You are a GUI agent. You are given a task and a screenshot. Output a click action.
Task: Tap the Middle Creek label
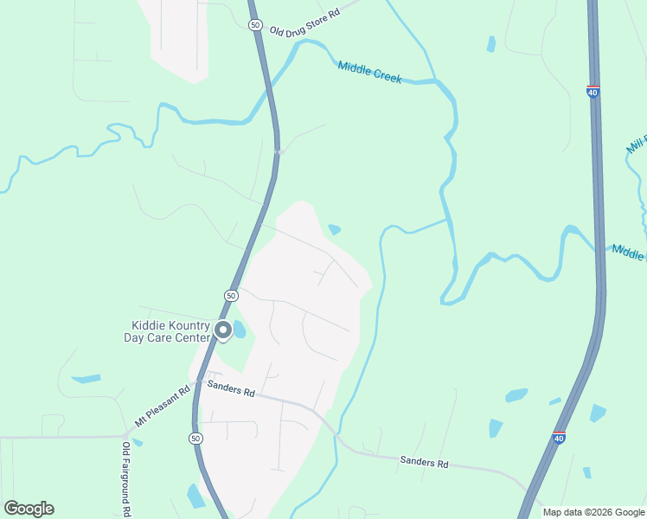(369, 72)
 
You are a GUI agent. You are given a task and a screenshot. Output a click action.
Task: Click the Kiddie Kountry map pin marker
(222, 330)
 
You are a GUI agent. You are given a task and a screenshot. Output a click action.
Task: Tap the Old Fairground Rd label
(126, 479)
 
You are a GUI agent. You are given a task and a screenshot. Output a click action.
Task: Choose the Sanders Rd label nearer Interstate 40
(424, 463)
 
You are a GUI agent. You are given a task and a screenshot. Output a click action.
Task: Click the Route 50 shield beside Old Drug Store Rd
(254, 25)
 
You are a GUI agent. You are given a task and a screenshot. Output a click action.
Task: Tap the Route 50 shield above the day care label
(231, 295)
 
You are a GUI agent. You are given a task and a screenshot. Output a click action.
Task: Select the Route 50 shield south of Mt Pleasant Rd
(196, 439)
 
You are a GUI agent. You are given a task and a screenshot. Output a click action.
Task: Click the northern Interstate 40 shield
(593, 92)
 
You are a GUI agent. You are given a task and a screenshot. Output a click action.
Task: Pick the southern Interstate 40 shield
(559, 438)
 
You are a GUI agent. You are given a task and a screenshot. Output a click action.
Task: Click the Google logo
(29, 509)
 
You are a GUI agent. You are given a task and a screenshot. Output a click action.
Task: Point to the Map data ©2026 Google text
(593, 512)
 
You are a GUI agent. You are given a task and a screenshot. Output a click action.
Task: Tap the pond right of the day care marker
(240, 330)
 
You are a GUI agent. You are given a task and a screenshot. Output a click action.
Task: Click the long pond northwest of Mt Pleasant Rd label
(86, 379)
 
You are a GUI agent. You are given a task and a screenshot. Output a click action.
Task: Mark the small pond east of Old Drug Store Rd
(491, 44)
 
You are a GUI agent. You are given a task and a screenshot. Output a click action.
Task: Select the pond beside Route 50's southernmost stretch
(195, 496)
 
